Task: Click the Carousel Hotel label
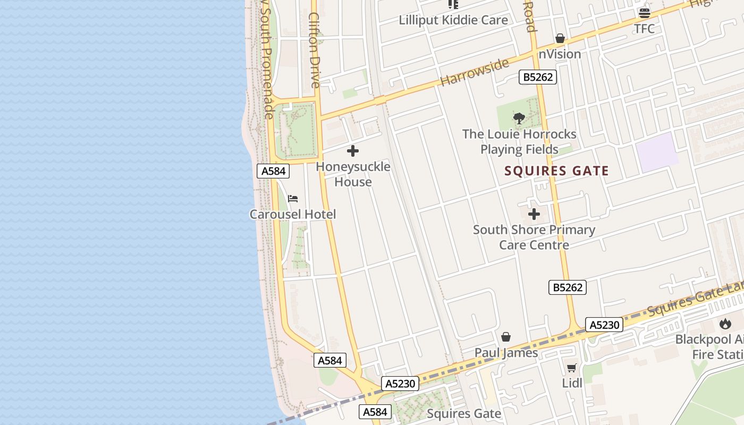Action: click(293, 215)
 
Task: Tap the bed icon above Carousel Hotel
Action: click(293, 199)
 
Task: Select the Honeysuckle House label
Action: click(353, 174)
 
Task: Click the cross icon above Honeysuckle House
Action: click(353, 151)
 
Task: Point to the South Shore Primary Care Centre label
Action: click(534, 237)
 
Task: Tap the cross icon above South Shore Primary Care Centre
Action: click(534, 215)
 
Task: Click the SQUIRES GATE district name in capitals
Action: click(556, 171)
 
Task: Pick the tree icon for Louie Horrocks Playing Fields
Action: click(519, 118)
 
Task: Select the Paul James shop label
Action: click(506, 353)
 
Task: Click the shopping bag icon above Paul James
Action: click(506, 337)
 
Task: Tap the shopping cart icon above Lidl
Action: click(572, 368)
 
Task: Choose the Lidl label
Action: click(572, 383)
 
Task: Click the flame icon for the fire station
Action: click(725, 324)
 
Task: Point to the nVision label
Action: click(560, 54)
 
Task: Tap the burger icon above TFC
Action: click(645, 13)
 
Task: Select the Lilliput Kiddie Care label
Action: click(453, 20)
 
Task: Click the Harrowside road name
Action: click(474, 72)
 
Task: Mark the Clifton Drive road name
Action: click(315, 50)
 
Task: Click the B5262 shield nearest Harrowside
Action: click(538, 77)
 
